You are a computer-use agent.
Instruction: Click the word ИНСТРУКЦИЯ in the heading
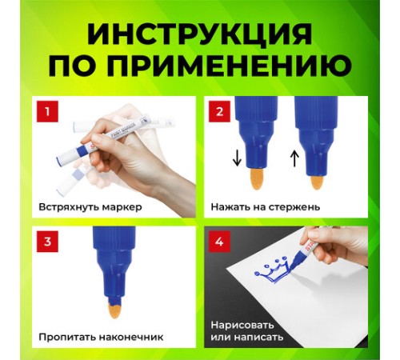point(199,34)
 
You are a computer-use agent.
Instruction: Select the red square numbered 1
point(47,112)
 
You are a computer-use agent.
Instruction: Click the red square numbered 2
point(219,112)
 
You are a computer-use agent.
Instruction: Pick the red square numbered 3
point(47,242)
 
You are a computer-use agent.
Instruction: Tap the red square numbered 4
point(219,242)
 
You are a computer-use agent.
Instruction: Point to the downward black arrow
point(237,158)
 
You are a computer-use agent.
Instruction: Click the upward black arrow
point(294,158)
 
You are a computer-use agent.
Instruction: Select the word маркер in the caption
point(122,208)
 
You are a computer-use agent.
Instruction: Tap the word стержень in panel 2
point(294,207)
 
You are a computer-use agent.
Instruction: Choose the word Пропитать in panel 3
point(67,337)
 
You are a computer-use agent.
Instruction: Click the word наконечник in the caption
point(131,338)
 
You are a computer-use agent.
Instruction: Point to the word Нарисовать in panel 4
point(242,326)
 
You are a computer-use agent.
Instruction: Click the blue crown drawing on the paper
point(273,270)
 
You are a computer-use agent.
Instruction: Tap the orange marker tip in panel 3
point(114,313)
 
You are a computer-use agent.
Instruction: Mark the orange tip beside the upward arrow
point(317,182)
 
